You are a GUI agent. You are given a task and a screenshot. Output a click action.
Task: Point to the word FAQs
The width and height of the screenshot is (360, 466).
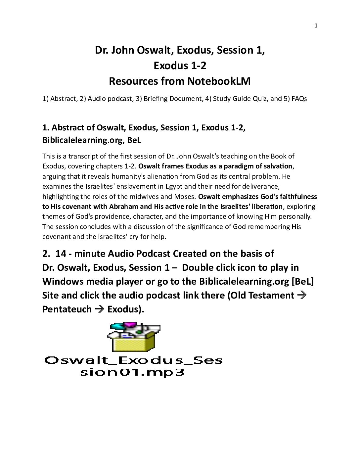(299, 99)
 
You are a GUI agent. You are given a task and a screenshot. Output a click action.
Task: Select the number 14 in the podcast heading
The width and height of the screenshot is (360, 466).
(61, 254)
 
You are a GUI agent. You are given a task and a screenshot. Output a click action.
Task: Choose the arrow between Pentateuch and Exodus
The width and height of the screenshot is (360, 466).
(99, 309)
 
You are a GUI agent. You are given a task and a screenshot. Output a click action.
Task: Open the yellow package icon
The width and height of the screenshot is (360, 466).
(134, 338)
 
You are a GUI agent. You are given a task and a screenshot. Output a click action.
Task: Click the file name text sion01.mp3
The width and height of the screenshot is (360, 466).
(132, 372)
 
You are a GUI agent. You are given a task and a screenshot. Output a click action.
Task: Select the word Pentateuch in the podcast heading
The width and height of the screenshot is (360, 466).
(67, 309)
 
